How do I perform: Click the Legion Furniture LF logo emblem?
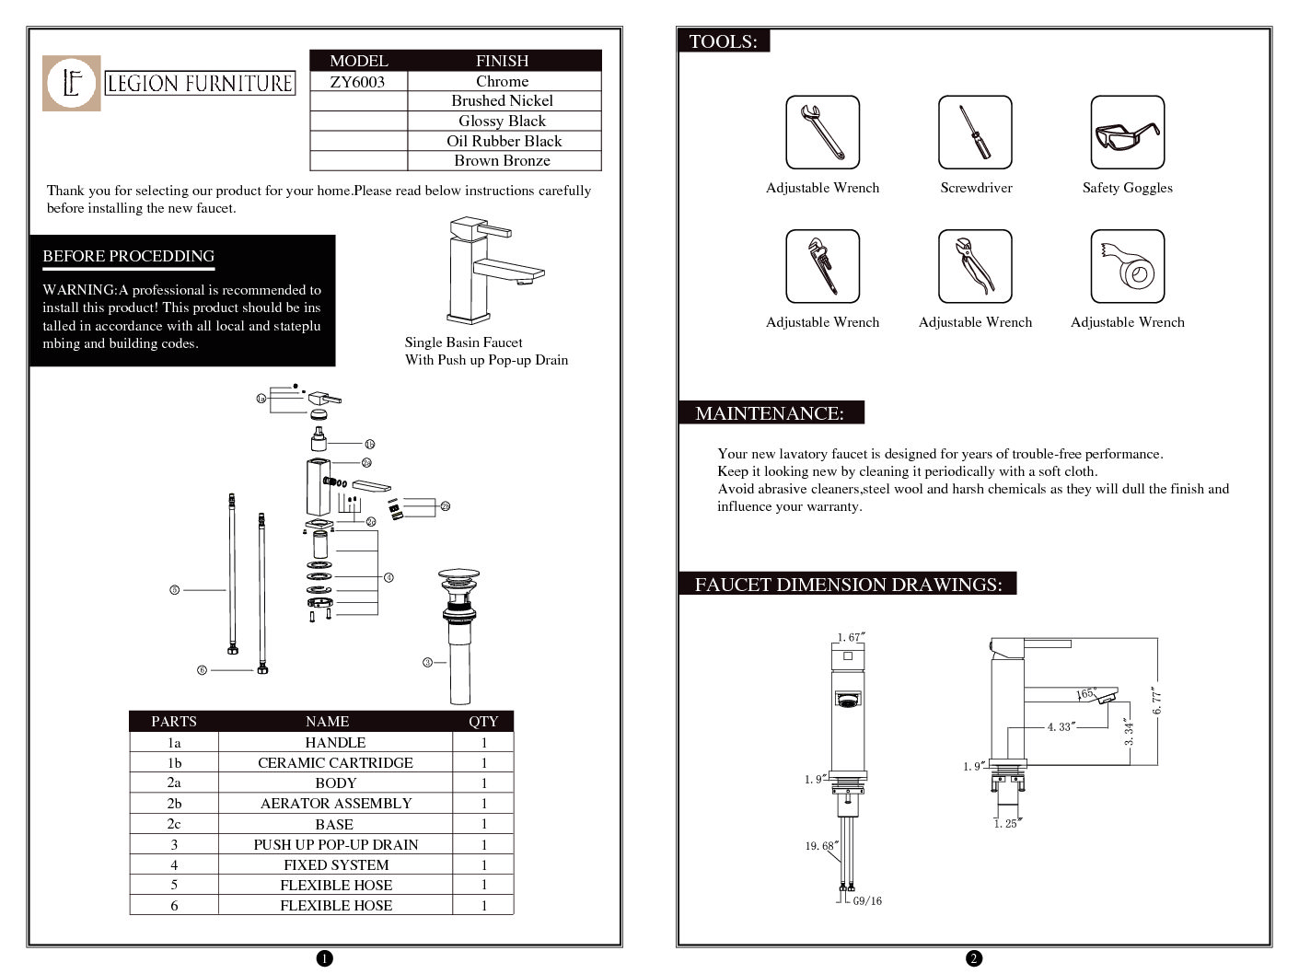pos(71,83)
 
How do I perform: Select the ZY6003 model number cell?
pos(357,81)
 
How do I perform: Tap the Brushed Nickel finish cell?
pos(502,100)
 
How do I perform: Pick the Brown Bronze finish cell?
pos(502,160)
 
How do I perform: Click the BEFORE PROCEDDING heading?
pos(128,256)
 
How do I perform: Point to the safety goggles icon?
pos(1127,133)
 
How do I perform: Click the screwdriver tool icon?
pos(974,133)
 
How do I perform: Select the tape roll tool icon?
pos(1127,267)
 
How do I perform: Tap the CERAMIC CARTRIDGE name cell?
pos(335,762)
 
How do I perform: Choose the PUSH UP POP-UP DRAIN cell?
pos(335,844)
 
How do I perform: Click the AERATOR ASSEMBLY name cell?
pos(335,803)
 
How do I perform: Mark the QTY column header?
pos(483,721)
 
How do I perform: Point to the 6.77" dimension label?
pos(1157,700)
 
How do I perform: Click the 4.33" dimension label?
pos(1060,726)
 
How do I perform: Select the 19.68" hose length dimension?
pos(820,845)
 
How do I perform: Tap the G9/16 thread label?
pos(866,901)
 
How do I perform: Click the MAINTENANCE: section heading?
pos(770,413)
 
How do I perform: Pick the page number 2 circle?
pos(974,958)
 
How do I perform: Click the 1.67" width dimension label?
pos(851,637)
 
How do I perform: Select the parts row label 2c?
pos(174,824)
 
